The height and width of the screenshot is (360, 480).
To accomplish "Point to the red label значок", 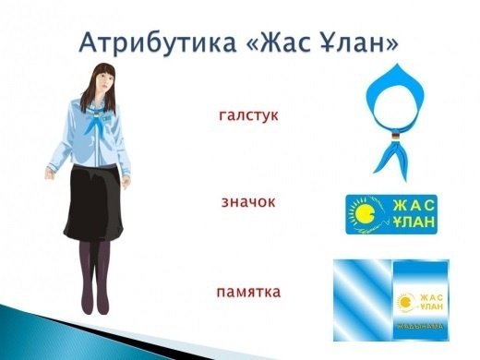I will click(249, 200).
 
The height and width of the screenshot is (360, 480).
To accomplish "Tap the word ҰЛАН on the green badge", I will click(413, 226).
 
